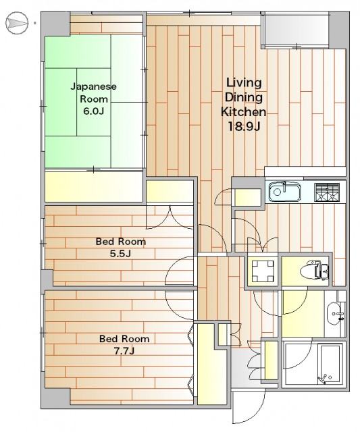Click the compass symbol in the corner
click(x=17, y=23)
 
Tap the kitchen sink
click(x=285, y=191)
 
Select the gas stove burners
click(x=327, y=192)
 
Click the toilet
click(x=315, y=271)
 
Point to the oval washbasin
click(x=334, y=313)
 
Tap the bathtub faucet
click(x=324, y=379)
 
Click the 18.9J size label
click(x=244, y=126)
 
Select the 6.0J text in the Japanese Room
click(x=93, y=111)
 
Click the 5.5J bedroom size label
click(x=120, y=254)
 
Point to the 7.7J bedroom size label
click(x=124, y=351)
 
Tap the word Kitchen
click(x=243, y=112)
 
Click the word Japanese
click(x=93, y=87)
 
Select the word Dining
click(x=244, y=97)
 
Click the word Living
click(x=244, y=83)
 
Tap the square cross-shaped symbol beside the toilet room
click(x=263, y=271)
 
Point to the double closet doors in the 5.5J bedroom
click(x=170, y=217)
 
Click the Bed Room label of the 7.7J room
click(x=124, y=339)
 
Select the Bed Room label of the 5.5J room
click(x=121, y=242)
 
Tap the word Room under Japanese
click(x=94, y=99)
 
